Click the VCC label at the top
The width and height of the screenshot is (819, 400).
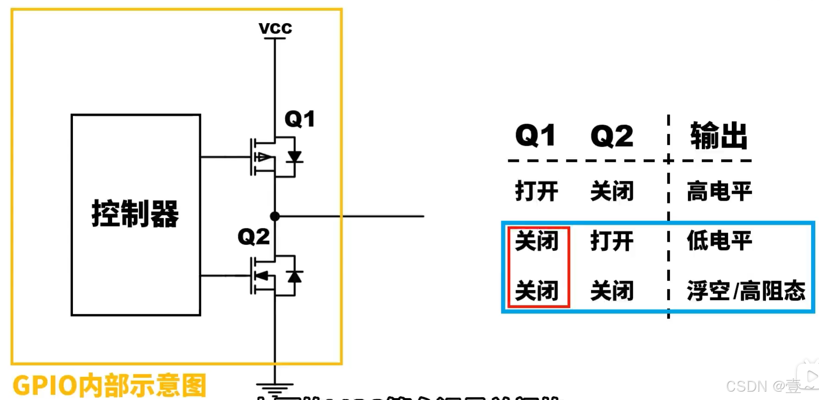[x=275, y=28]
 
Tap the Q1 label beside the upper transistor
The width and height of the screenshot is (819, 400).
[x=300, y=119]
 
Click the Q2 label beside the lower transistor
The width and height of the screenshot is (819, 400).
[x=254, y=237]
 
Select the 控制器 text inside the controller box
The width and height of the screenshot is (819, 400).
[x=135, y=214]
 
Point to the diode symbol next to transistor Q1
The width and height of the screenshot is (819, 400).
[x=294, y=157]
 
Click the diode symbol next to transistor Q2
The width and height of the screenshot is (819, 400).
[x=294, y=276]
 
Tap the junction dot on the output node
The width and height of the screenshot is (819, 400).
[x=275, y=216]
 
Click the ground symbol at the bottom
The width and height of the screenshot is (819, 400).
[x=275, y=388]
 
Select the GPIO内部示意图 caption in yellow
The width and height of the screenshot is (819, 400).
[x=109, y=385]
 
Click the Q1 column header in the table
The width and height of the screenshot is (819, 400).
[x=536, y=136]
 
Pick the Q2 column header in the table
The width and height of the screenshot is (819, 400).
[x=612, y=136]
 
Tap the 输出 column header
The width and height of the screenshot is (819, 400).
[x=718, y=136]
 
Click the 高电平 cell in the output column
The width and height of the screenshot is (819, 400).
[x=719, y=191]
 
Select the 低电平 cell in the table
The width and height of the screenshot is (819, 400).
[x=719, y=241]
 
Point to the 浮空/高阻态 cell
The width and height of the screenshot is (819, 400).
[x=746, y=291]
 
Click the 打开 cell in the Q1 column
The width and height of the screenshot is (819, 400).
[x=536, y=191]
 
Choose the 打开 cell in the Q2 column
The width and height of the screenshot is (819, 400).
[x=612, y=241]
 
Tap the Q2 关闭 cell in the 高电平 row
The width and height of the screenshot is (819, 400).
[x=612, y=191]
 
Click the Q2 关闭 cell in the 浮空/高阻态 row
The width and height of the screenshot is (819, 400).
[x=612, y=291]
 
